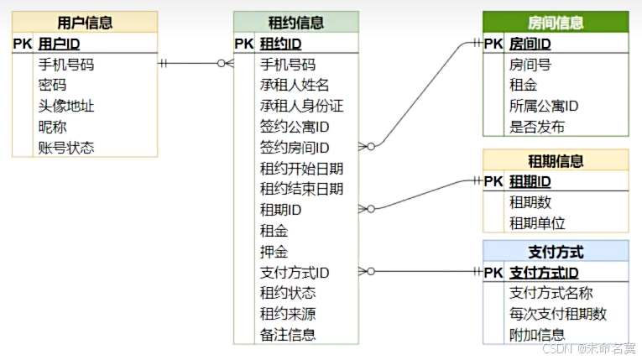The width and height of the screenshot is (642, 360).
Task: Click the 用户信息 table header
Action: click(85, 23)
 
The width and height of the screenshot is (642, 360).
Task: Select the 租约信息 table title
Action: click(295, 23)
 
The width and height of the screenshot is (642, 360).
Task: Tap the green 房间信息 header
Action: click(556, 23)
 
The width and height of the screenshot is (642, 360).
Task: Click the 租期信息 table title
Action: click(556, 161)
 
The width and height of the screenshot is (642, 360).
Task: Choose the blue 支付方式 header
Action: click(556, 252)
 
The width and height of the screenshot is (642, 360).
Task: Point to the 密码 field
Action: click(52, 85)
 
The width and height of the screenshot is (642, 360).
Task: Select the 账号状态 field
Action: click(65, 148)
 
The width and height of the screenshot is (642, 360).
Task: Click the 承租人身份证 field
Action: click(301, 106)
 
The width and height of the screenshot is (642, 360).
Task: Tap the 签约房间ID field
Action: click(295, 148)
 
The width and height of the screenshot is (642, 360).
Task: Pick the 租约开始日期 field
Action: click(301, 168)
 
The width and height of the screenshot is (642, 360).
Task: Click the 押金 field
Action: click(274, 251)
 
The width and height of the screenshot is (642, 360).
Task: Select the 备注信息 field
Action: click(288, 334)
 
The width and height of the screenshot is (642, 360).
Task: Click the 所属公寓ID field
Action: click(544, 106)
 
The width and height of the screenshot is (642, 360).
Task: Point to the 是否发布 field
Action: click(537, 127)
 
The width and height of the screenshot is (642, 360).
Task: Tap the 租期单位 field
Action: click(537, 223)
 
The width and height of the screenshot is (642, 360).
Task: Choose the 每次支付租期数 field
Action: click(557, 314)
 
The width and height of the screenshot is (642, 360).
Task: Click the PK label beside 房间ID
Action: click(493, 44)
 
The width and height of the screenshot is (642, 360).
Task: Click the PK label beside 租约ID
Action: click(243, 44)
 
